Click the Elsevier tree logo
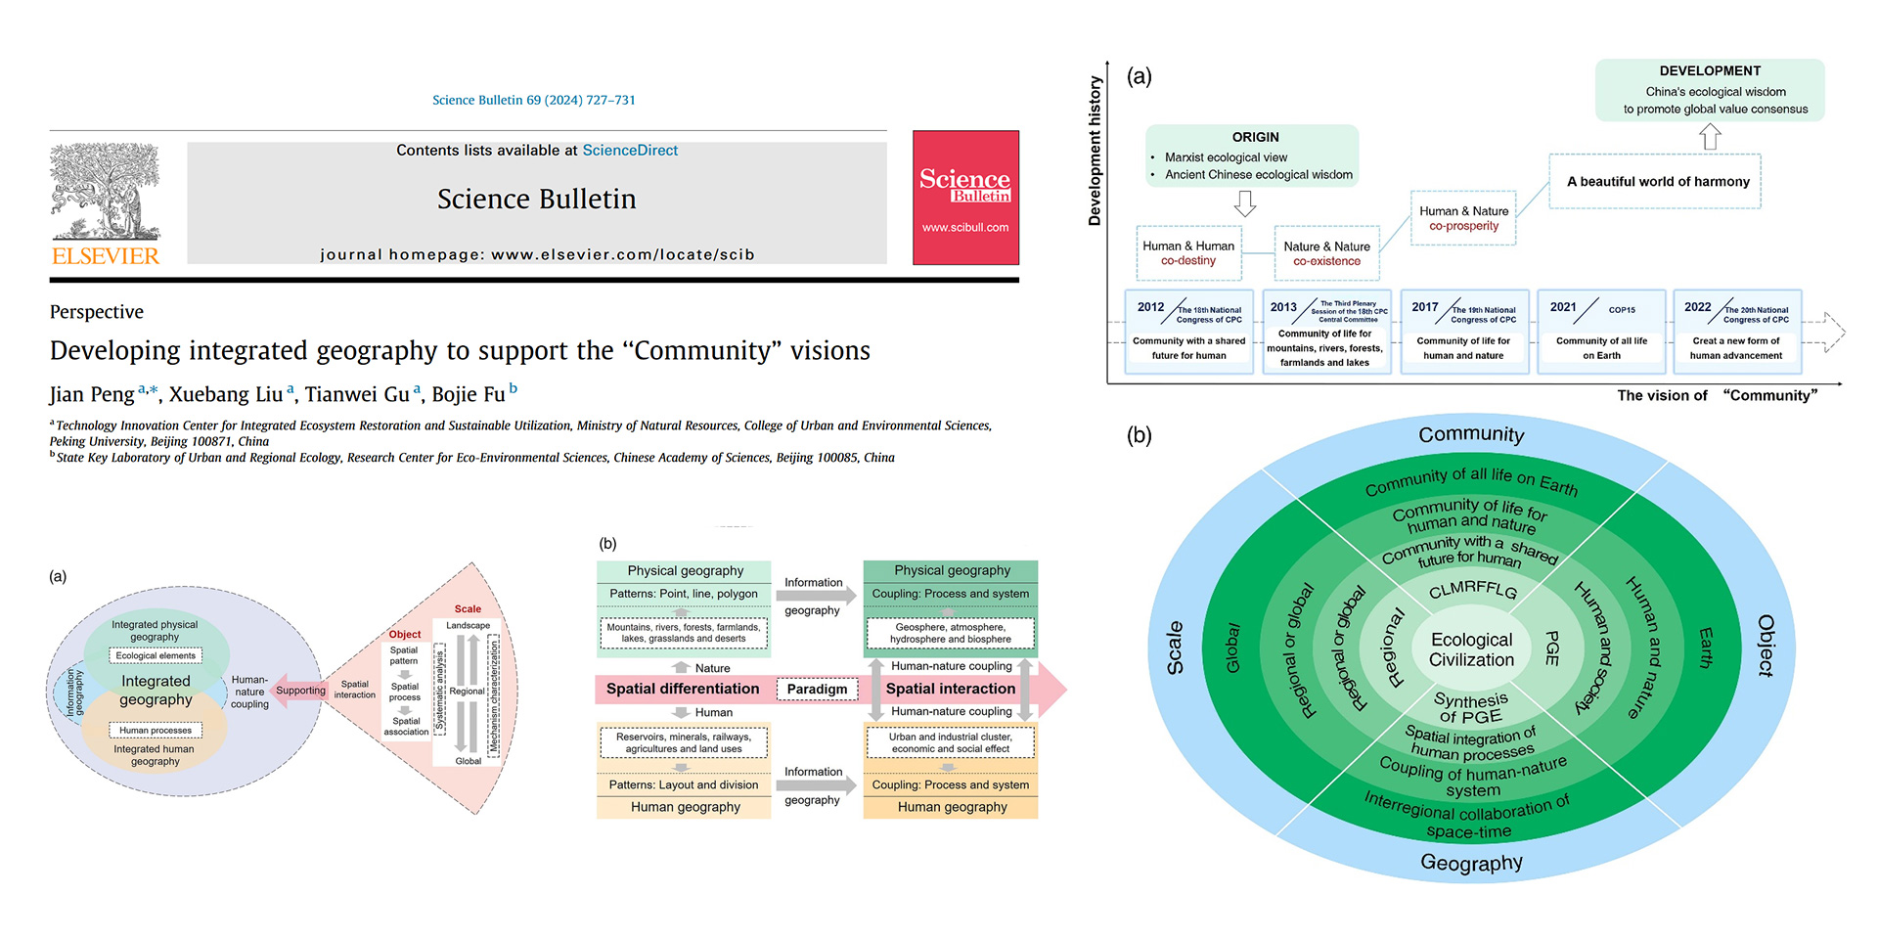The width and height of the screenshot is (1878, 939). point(105,192)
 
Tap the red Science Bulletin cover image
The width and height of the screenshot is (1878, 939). point(965,198)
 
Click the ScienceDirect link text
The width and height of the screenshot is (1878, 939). point(630,151)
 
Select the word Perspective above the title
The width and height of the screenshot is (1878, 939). point(97,312)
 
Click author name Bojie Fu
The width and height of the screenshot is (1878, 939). point(469,394)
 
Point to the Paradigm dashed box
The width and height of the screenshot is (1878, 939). point(817,690)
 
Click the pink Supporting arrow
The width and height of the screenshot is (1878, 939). point(299,691)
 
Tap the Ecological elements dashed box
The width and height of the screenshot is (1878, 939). point(156,656)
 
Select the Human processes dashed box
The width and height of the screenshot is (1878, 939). point(156,731)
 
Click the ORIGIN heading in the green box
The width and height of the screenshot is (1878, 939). point(1255,138)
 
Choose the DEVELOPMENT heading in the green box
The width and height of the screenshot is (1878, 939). point(1710,71)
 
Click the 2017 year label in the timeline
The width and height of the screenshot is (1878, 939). point(1424,307)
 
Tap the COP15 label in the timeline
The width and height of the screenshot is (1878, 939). point(1622,310)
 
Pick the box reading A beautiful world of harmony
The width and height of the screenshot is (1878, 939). point(1658,182)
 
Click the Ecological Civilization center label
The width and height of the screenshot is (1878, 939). point(1471,649)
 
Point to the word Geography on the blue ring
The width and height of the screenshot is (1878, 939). point(1471,863)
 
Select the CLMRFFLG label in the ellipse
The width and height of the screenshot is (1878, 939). point(1472,591)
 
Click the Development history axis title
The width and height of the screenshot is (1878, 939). point(1095,152)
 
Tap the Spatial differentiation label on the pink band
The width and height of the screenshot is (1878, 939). point(683,690)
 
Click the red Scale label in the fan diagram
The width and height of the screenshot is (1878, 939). point(468,609)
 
